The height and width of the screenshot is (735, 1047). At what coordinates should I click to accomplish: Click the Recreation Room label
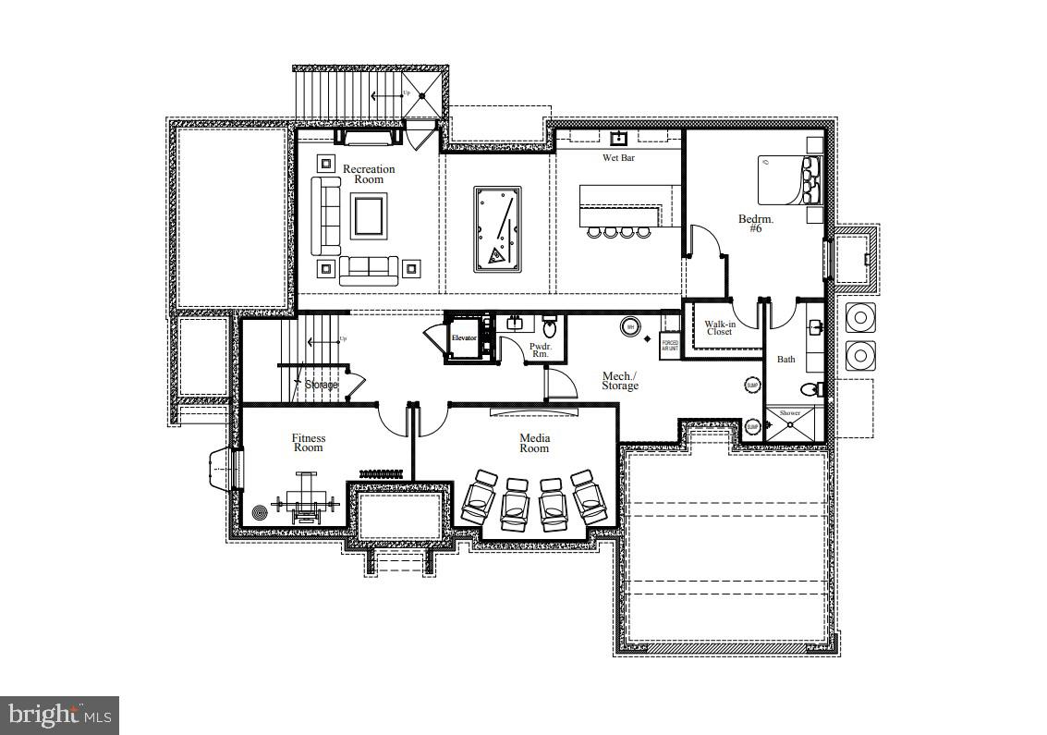pyautogui.click(x=369, y=174)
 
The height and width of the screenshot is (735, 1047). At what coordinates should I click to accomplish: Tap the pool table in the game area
pyautogui.click(x=498, y=229)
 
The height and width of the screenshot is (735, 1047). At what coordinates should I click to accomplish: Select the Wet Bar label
pyautogui.click(x=618, y=158)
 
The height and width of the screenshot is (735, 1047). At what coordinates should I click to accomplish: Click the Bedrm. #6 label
pyautogui.click(x=756, y=224)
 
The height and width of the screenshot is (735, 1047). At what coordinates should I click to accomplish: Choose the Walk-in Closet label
pyautogui.click(x=720, y=328)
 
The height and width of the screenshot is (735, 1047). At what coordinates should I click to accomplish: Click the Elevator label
pyautogui.click(x=464, y=338)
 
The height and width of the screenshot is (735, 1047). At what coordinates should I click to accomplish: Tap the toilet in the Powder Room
pyautogui.click(x=549, y=326)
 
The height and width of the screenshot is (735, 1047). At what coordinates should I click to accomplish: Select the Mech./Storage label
pyautogui.click(x=620, y=381)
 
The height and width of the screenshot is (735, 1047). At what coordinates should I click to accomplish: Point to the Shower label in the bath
pyautogui.click(x=790, y=413)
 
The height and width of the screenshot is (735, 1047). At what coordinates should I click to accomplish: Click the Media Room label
pyautogui.click(x=534, y=443)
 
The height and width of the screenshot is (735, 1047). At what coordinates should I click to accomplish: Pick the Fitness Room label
pyautogui.click(x=309, y=443)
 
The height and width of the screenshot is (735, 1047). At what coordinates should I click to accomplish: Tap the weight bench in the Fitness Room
pyautogui.click(x=306, y=500)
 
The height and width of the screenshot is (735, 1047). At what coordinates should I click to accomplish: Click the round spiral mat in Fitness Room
pyautogui.click(x=260, y=510)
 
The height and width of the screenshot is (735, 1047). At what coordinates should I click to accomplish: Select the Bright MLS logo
pyautogui.click(x=59, y=715)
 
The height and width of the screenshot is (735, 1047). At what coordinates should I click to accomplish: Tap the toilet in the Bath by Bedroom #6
pyautogui.click(x=810, y=388)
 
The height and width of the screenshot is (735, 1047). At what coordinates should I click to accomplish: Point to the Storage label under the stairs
pyautogui.click(x=321, y=385)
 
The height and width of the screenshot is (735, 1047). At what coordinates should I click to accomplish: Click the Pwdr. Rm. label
pyautogui.click(x=539, y=351)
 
